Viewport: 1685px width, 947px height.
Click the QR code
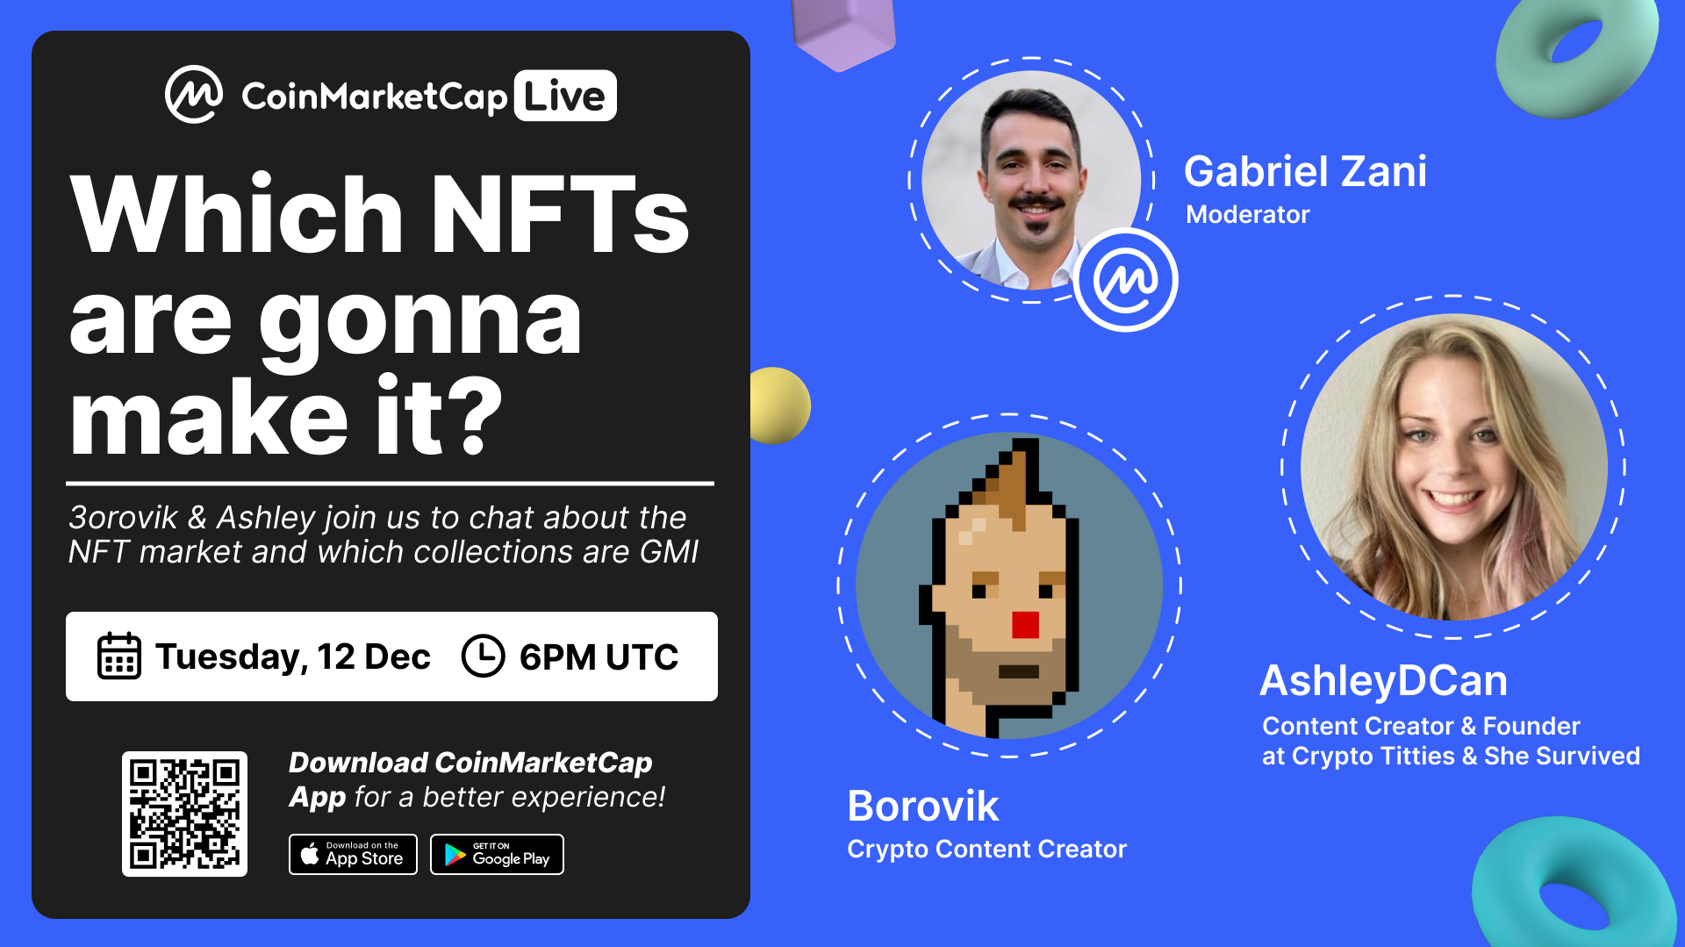tap(184, 814)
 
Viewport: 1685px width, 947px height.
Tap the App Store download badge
tap(353, 854)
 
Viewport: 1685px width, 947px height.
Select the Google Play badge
tap(497, 854)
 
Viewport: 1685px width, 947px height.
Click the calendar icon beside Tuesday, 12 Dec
tap(118, 656)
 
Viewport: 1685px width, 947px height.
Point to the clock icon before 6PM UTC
tap(483, 656)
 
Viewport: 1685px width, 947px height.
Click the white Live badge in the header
tap(565, 96)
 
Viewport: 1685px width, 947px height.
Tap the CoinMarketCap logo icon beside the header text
tap(194, 95)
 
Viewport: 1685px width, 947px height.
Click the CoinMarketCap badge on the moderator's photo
tap(1126, 280)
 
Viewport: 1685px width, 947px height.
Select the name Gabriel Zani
tap(1305, 171)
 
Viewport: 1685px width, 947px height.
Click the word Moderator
tap(1247, 214)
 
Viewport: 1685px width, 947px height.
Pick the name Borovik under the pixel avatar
tap(922, 806)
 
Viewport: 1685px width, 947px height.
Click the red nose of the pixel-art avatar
tap(1025, 624)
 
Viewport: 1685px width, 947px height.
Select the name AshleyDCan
tap(1383, 680)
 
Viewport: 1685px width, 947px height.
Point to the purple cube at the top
tap(842, 32)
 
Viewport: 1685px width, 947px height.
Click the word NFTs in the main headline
tap(559, 214)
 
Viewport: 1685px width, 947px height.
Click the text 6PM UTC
tap(599, 656)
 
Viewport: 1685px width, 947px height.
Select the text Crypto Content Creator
tap(986, 849)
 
